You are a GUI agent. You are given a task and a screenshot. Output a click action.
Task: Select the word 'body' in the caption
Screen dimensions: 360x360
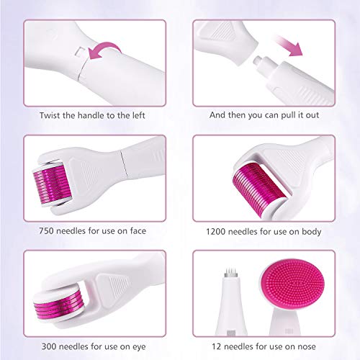pos(311,231)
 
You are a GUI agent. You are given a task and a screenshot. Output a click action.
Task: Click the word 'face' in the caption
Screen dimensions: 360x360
pos(145,231)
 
